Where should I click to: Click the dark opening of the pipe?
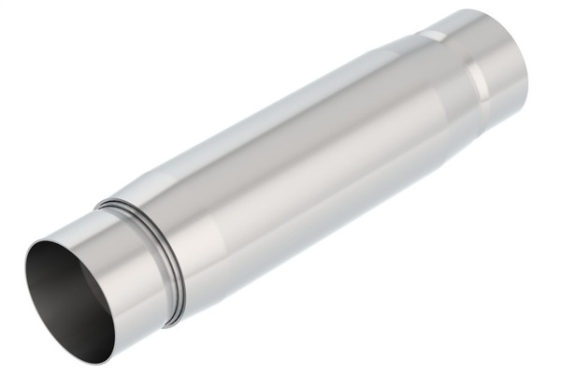click(x=70, y=297)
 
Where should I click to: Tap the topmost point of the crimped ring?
click(x=102, y=200)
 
